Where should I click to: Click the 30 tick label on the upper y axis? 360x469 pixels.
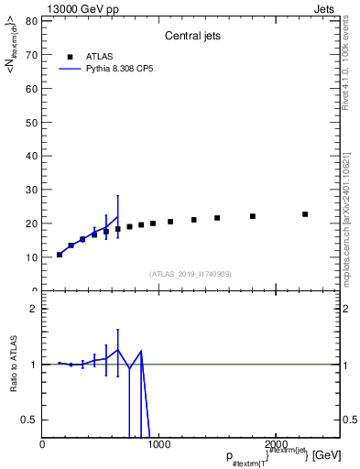(32, 190)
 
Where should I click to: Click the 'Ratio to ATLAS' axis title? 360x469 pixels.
(15, 364)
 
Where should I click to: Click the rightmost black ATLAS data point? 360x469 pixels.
(305, 214)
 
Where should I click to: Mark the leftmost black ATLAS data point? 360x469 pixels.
(60, 255)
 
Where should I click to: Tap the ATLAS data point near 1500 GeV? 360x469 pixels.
(217, 218)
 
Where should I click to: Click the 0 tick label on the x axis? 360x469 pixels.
(42, 444)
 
